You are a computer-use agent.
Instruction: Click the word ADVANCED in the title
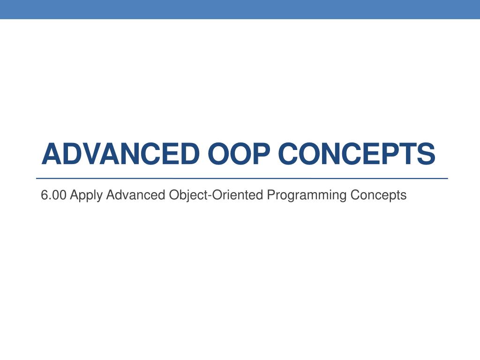[120, 154]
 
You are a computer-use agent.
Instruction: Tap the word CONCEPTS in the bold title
[356, 154]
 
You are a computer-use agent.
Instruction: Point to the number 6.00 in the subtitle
[53, 195]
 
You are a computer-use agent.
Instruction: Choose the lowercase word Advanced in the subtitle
[135, 195]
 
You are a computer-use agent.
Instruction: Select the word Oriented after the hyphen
[237, 195]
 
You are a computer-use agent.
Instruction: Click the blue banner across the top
[240, 9]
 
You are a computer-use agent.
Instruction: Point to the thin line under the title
[242, 178]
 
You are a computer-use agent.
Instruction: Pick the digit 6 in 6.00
[45, 195]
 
